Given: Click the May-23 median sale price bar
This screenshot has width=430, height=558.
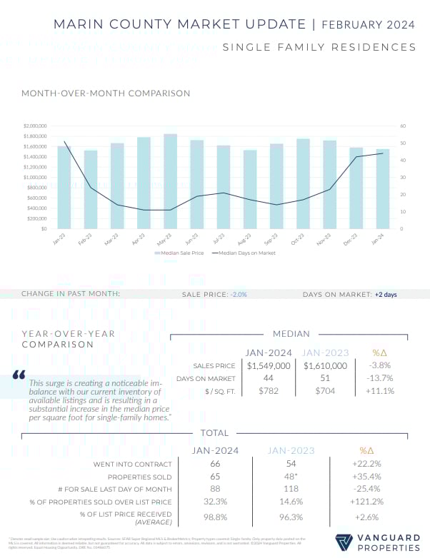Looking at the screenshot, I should point(170,181).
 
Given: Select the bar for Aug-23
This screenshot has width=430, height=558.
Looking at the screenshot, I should point(250,189).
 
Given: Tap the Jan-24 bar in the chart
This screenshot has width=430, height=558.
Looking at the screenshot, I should point(383,189).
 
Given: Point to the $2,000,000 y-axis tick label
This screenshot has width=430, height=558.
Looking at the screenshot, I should point(35,126).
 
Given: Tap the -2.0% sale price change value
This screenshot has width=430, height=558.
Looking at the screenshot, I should point(239,294).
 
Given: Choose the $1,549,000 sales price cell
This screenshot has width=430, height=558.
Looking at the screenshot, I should point(269,365).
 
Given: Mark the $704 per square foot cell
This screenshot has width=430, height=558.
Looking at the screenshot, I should point(326,391).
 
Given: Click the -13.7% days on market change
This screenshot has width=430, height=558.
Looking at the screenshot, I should point(379,378).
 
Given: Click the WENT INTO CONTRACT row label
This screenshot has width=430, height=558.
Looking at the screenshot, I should point(141,464).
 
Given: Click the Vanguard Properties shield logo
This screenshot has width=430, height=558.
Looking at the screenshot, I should point(344,543).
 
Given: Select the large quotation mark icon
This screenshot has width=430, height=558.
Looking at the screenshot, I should point(19,375).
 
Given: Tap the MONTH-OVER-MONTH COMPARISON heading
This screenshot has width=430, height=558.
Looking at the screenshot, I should point(96,93).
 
